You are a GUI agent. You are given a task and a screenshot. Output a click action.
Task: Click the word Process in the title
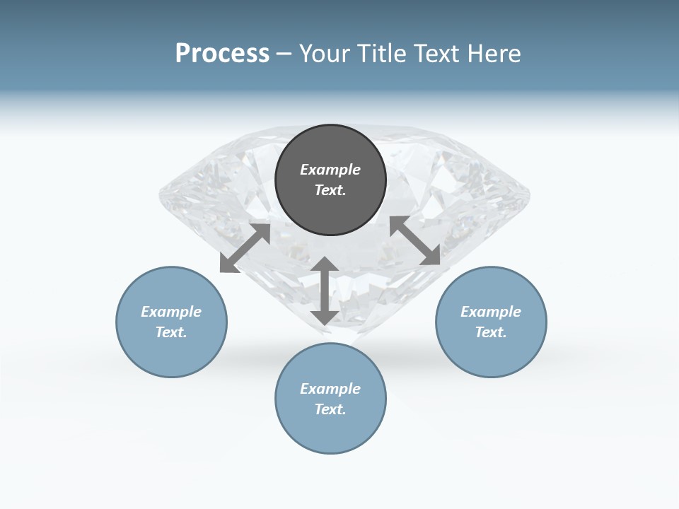pos(222,54)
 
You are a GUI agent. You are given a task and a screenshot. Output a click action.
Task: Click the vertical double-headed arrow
pos(325,291)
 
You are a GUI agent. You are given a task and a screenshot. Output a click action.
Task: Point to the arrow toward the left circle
pos(245,248)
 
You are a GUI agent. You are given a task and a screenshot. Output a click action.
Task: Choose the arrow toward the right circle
pos(415,240)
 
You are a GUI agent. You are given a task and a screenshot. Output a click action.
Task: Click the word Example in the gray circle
pos(330,170)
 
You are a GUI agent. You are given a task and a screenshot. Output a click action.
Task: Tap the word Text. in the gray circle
pos(330,190)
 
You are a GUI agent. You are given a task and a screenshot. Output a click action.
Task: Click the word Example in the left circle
pos(171,312)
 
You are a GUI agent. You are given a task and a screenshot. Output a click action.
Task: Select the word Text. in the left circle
pos(171,332)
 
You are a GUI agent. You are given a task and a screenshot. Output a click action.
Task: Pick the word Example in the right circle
pos(491,312)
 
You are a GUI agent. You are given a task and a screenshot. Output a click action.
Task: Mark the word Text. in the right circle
pos(491,332)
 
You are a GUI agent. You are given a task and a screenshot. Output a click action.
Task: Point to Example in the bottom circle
pos(330,389)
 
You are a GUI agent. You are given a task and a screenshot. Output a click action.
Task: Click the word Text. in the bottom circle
pos(330,409)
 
